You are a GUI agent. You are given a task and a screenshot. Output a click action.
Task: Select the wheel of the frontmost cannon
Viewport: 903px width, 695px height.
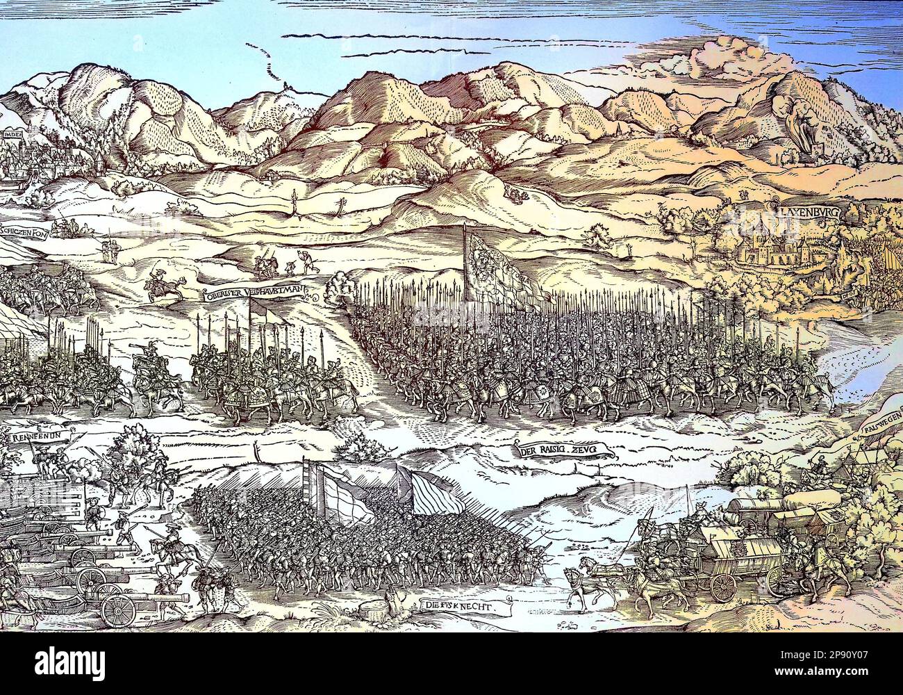(118, 609)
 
